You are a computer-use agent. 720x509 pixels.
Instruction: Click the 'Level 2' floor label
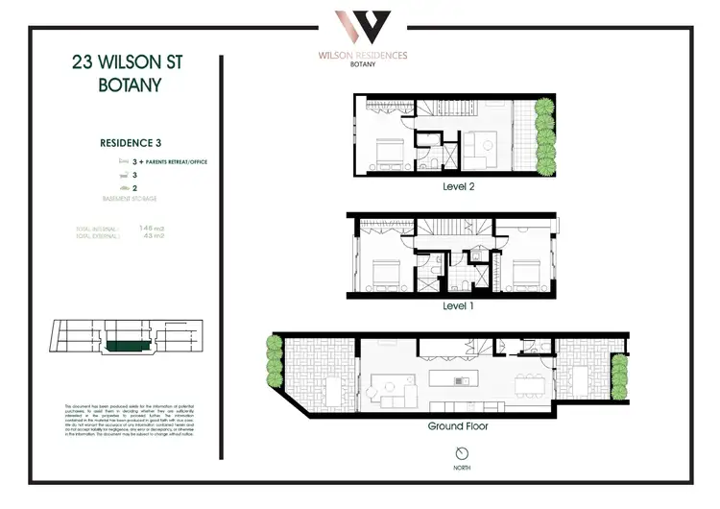point(458,186)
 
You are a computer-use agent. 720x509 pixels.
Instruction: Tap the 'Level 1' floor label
point(457,305)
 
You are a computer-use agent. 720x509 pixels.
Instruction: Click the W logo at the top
point(362,27)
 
